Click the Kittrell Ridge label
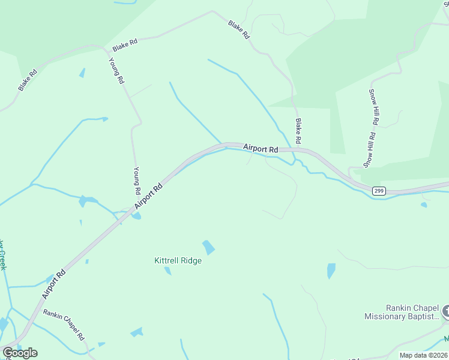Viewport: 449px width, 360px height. [178, 261]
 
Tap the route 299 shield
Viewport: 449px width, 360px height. [378, 191]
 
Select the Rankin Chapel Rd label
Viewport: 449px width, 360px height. [63, 325]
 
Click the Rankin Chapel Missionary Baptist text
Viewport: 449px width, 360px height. [402, 312]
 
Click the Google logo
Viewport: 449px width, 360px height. [20, 353]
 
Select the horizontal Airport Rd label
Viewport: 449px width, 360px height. [261, 148]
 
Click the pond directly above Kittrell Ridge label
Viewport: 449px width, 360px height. [208, 247]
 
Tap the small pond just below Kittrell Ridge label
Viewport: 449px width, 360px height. [167, 271]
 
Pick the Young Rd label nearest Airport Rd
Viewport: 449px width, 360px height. [137, 181]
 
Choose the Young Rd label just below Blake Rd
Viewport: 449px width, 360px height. [117, 70]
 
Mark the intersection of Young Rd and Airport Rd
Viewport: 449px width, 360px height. [133, 210]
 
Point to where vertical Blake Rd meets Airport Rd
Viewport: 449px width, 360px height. [298, 150]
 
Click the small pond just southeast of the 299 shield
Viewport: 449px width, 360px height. [424, 205]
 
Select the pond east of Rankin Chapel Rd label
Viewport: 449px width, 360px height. [137, 332]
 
